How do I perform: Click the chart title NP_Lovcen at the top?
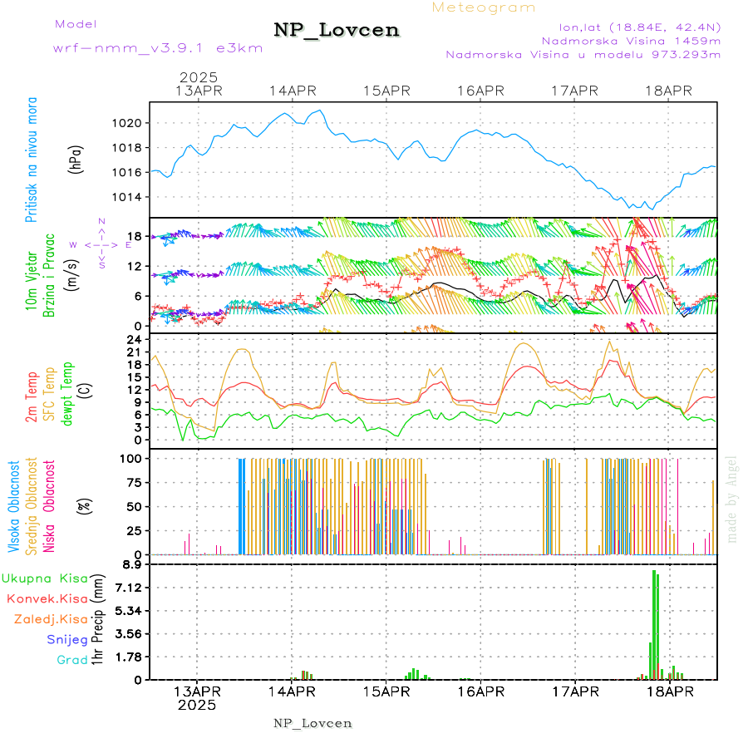337,30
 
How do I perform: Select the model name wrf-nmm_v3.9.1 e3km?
158,47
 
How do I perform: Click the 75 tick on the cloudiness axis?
133,482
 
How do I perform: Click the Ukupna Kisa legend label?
45,578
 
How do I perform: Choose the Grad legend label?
72,660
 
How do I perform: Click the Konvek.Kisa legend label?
47,598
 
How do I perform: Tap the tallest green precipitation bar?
654,623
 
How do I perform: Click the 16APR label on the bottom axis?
480,691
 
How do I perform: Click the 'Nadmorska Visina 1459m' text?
631,40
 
